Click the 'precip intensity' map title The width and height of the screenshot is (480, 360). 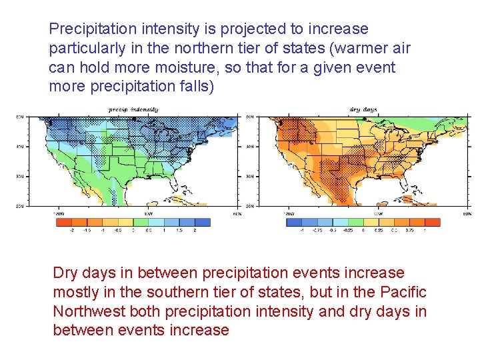[x=133, y=109]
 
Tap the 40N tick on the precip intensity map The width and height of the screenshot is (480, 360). [x=21, y=147]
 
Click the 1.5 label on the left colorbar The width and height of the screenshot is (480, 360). [x=179, y=231]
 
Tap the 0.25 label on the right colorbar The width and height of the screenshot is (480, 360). [x=379, y=231]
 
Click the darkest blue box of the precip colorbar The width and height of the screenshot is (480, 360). [x=201, y=223]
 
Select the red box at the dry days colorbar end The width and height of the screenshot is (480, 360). [x=431, y=223]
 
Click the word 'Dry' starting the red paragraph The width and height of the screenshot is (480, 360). [x=65, y=273]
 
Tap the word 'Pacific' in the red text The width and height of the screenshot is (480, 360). [x=403, y=293]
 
